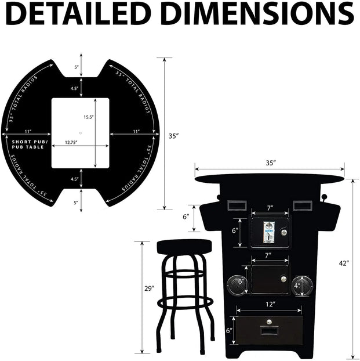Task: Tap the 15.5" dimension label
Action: tap(89, 117)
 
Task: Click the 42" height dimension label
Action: tap(344, 263)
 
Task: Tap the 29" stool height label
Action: tap(149, 288)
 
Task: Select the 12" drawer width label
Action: tap(270, 304)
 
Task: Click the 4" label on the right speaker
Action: tap(297, 286)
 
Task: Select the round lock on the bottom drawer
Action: tap(269, 321)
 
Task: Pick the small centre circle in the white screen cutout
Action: tap(81, 133)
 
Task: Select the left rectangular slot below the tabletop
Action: tap(235, 205)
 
